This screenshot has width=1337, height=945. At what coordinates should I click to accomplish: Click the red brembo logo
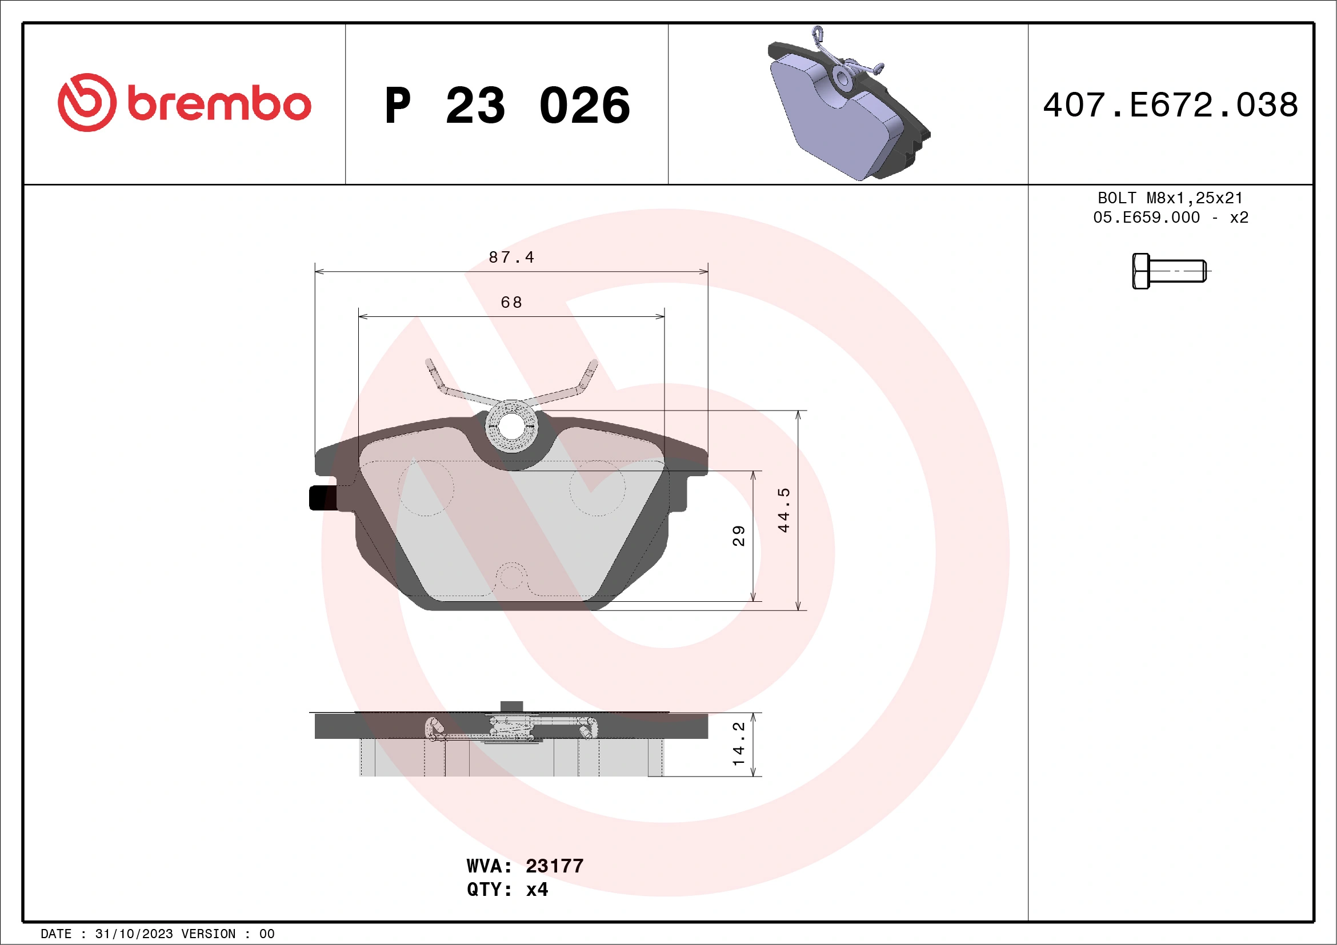pyautogui.click(x=184, y=103)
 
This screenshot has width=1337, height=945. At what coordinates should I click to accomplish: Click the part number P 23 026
pyautogui.click(x=507, y=106)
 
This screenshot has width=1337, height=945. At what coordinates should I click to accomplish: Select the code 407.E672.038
pyautogui.click(x=1171, y=105)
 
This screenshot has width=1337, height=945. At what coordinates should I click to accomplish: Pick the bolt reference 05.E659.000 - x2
pyautogui.click(x=1170, y=218)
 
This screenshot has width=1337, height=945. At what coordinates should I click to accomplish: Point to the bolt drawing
pyautogui.click(x=1168, y=271)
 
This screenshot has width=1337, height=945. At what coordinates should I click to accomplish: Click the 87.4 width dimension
pyautogui.click(x=511, y=257)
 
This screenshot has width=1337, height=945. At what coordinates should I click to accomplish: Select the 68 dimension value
pyautogui.click(x=511, y=303)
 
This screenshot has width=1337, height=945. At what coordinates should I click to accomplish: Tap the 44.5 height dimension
pyautogui.click(x=784, y=510)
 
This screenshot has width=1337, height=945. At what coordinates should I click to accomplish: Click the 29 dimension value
pyautogui.click(x=738, y=536)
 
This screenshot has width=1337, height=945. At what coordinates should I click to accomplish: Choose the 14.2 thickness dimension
pyautogui.click(x=738, y=743)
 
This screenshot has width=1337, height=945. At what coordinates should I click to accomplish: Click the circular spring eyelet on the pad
pyautogui.click(x=511, y=426)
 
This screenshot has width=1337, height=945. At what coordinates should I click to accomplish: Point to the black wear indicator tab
pyautogui.click(x=322, y=498)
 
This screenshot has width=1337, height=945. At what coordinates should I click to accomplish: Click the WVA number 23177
pyautogui.click(x=554, y=866)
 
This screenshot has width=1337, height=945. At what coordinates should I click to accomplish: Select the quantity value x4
pyautogui.click(x=537, y=890)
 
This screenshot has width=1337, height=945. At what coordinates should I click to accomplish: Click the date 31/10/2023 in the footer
pyautogui.click(x=134, y=934)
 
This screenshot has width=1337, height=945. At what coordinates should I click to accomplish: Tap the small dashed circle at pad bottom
pyautogui.click(x=511, y=576)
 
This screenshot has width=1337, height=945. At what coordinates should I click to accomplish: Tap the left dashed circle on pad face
pyautogui.click(x=426, y=488)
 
